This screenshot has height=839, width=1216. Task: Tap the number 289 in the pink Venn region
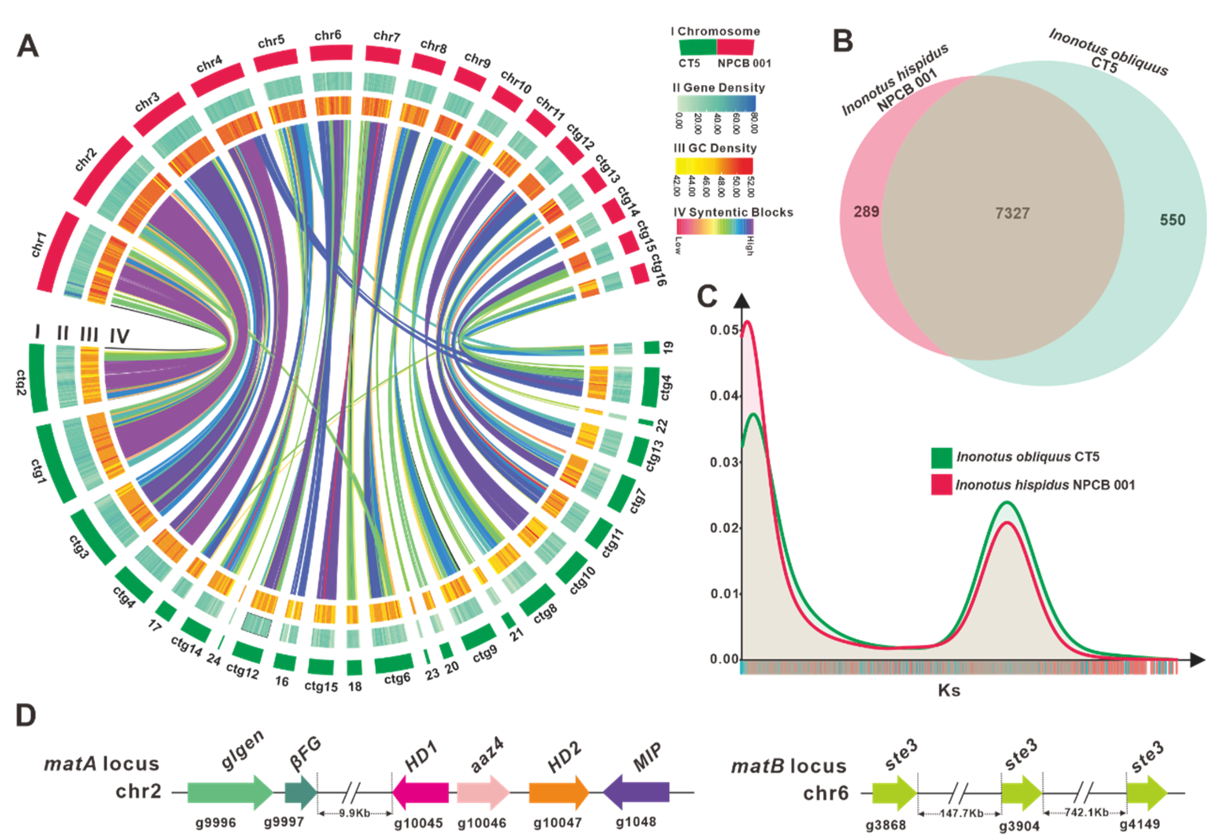[x=866, y=212]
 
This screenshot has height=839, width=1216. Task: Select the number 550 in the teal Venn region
[x=1173, y=220]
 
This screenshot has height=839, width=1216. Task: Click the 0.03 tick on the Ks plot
[x=724, y=462]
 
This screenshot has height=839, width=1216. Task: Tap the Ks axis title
[x=948, y=690]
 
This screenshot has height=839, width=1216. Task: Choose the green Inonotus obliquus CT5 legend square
[x=941, y=457]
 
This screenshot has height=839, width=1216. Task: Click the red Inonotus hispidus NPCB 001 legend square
[x=941, y=484]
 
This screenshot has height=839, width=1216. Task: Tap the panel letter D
[x=26, y=716]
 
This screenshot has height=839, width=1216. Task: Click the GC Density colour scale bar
[x=713, y=166]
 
